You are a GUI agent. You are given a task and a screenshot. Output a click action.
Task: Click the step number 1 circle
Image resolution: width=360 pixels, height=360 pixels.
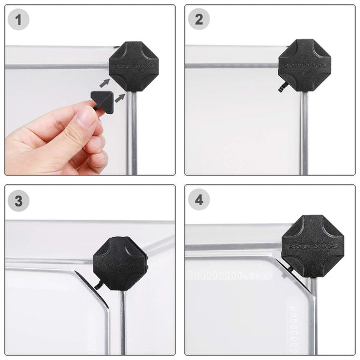[19, 20]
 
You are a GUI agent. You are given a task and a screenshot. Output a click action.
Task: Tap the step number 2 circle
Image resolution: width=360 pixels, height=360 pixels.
[199, 20]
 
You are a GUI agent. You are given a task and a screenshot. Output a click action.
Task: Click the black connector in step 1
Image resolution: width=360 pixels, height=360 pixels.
[133, 65]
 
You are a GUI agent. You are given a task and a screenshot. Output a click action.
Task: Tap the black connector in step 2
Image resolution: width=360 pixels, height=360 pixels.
[304, 65]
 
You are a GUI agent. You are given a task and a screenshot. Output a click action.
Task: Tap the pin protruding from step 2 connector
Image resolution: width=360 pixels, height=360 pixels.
[281, 88]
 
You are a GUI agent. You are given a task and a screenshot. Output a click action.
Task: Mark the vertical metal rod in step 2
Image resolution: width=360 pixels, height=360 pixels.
[305, 132]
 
